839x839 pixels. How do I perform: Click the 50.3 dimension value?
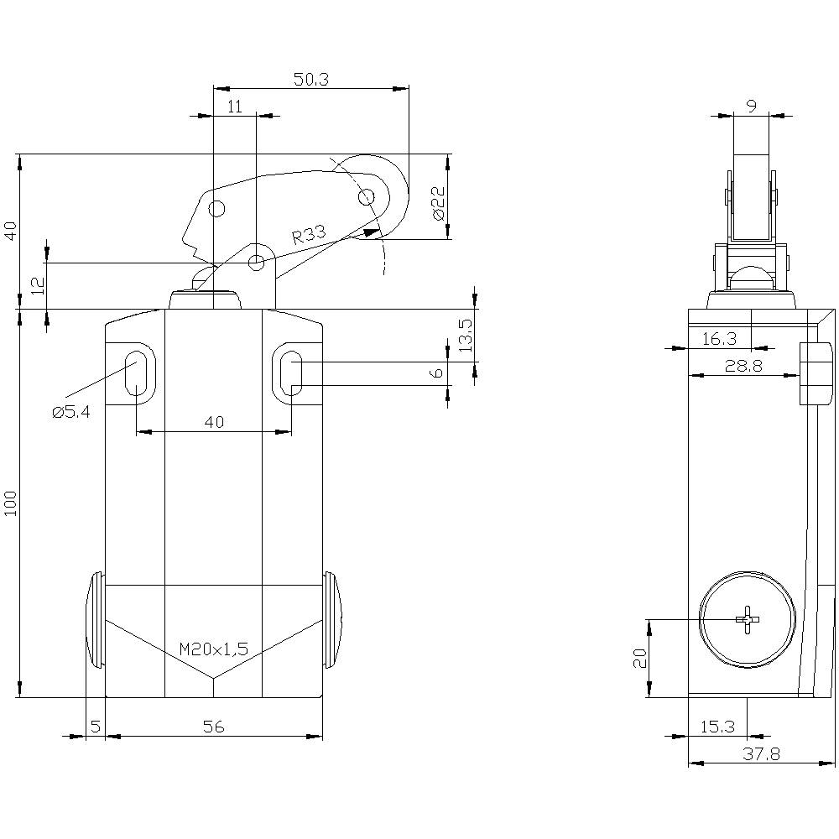point(310,79)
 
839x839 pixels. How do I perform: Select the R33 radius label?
point(309,236)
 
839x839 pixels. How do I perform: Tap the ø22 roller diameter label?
point(437,203)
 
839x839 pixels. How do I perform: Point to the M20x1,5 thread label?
point(214,649)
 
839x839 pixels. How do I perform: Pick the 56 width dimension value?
point(214,727)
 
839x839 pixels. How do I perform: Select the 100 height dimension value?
point(10,503)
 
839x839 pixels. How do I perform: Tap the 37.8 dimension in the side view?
point(762,754)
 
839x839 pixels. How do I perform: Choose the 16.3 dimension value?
point(719,338)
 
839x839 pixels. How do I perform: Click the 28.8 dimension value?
point(741,367)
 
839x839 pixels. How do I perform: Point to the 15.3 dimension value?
point(717,727)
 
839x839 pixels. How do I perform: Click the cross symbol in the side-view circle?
point(747,619)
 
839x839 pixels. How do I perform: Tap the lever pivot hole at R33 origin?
point(257,263)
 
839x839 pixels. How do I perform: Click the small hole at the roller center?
point(366,197)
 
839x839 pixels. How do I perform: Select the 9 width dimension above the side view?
point(751,106)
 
